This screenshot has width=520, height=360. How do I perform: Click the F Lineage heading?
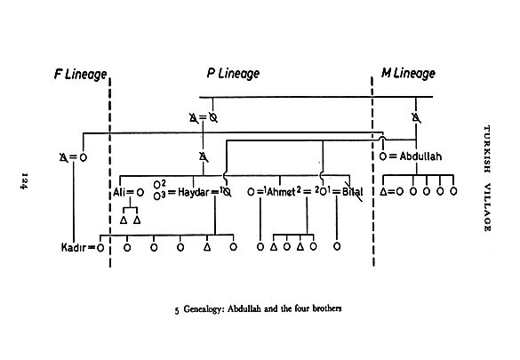(x=81, y=75)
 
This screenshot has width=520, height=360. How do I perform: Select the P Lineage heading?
(x=233, y=73)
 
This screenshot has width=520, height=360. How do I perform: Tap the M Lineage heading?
(x=408, y=73)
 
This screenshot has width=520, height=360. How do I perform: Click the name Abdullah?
(x=420, y=156)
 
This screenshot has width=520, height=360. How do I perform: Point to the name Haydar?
(x=194, y=192)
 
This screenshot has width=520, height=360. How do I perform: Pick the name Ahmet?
(x=281, y=192)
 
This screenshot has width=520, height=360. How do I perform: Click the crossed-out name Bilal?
(x=353, y=192)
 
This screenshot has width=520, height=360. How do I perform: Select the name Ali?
(x=118, y=192)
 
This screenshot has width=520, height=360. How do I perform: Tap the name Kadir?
(x=74, y=247)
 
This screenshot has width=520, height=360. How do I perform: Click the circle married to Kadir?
(x=100, y=248)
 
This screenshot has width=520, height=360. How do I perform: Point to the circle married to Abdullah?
(x=383, y=156)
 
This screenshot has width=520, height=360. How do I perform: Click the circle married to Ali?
(x=140, y=192)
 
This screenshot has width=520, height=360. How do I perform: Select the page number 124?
(x=24, y=180)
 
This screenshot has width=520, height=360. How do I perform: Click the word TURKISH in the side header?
(x=487, y=148)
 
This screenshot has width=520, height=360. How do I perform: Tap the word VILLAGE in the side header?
(x=487, y=207)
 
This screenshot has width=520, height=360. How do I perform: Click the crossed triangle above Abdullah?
(x=416, y=117)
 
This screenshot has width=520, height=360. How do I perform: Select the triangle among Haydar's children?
(x=207, y=247)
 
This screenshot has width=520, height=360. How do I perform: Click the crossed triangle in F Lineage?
(x=64, y=157)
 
